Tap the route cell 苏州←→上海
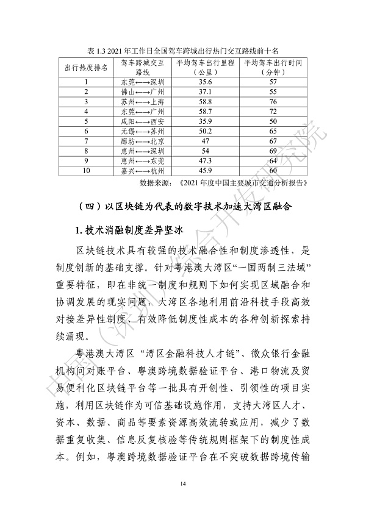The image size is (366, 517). pos(143,101)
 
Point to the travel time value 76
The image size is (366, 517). pos(273,101)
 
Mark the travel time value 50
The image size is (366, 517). pos(273,121)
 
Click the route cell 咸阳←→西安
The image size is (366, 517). pos(143,121)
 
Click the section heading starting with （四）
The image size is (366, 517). pos(182,207)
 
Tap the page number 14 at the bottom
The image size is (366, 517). pos(182,483)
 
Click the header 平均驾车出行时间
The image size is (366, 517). pos(273,63)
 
